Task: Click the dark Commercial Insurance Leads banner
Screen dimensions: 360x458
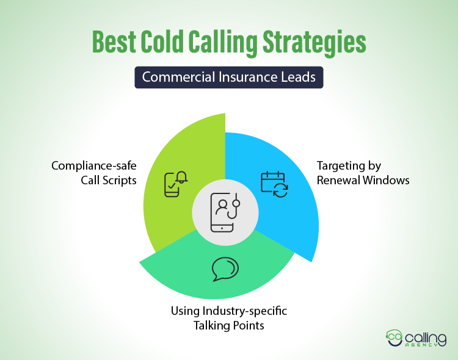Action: [x=229, y=77]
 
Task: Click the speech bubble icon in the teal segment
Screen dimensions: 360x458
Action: [x=225, y=269]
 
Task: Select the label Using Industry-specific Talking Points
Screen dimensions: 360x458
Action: [x=228, y=318]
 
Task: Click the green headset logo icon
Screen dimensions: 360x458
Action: [x=395, y=337]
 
